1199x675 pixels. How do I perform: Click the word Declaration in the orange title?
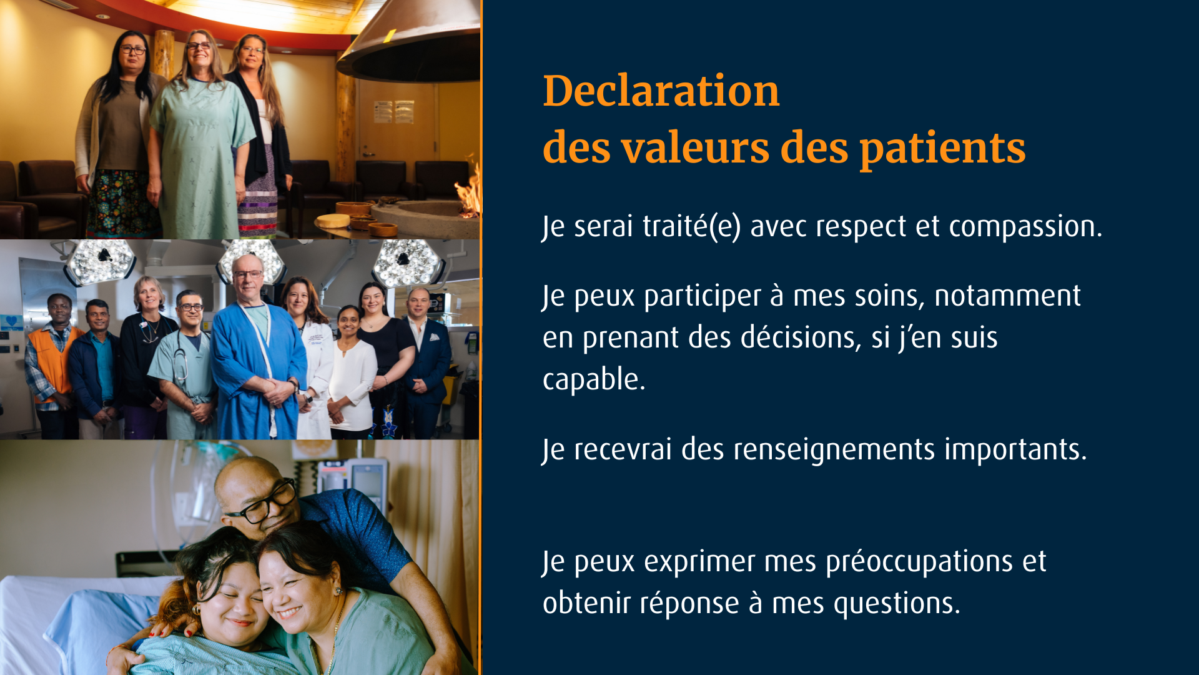point(661,91)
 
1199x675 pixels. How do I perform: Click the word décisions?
point(801,338)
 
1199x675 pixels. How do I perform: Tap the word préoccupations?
point(919,562)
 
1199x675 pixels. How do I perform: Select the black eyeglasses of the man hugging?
point(262,504)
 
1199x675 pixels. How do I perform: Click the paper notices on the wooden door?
point(394,112)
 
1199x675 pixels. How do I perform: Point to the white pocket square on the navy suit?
point(435,338)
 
